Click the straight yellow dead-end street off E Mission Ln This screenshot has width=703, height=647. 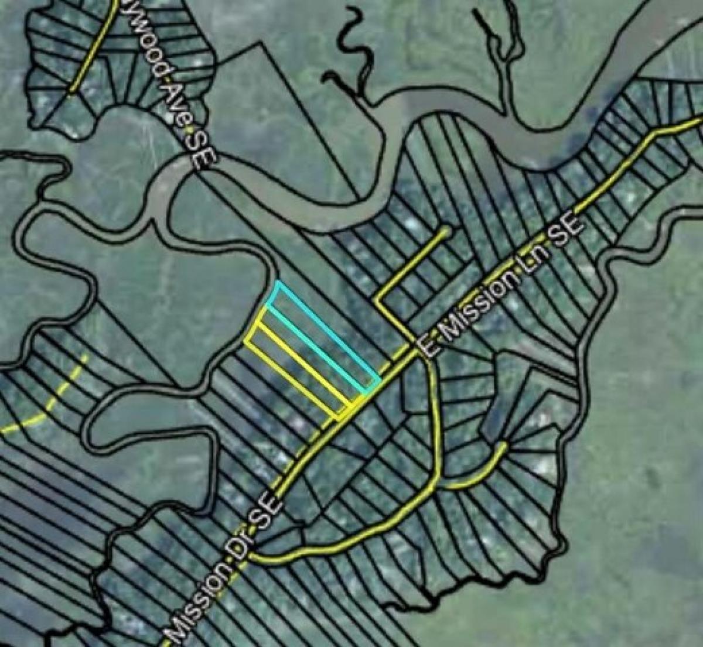tap(413, 263)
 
